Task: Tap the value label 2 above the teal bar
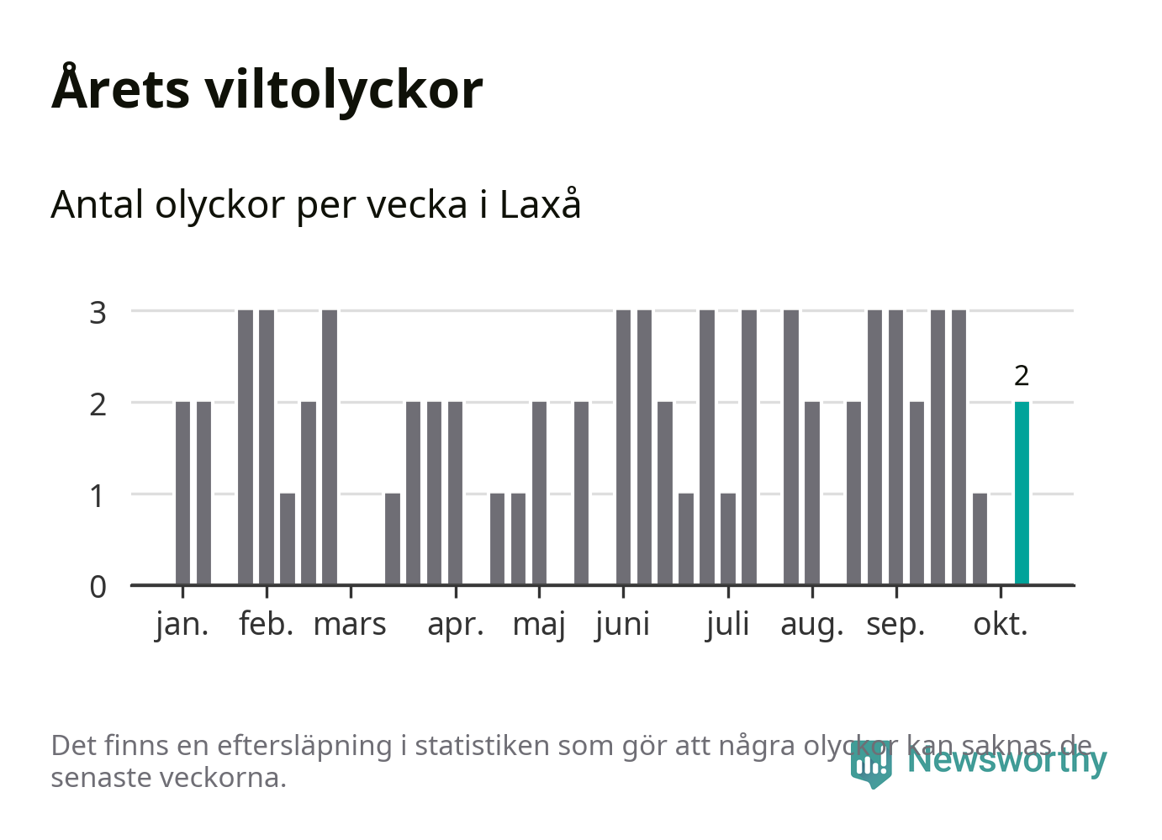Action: coord(1022,376)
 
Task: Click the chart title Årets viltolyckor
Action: coord(267,89)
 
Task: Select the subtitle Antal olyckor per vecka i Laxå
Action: coord(316,205)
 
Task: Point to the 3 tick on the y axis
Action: coord(98,312)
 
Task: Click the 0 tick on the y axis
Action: coord(98,586)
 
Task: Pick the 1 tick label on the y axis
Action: coord(98,495)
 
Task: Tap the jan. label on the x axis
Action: coord(182,625)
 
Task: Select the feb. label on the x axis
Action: coord(267,625)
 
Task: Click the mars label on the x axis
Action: coord(350,625)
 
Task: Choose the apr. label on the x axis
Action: coord(456,625)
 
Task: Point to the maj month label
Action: coord(539,625)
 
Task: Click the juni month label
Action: coord(623,625)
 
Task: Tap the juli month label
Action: coord(728,625)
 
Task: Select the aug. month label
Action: coord(812,625)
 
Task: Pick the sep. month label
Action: coord(895,625)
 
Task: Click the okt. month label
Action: coord(1001,625)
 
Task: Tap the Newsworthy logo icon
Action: coord(870,763)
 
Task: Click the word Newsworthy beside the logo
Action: coord(1007,760)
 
